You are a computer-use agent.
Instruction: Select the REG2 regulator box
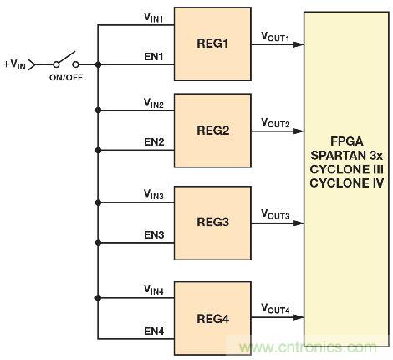point(212,131)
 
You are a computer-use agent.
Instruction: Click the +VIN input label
point(17,64)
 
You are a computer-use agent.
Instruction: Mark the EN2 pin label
point(153,143)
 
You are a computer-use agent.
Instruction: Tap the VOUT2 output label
point(275,125)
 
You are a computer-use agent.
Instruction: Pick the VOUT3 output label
point(275,216)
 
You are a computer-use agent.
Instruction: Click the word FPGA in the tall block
point(345,136)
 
